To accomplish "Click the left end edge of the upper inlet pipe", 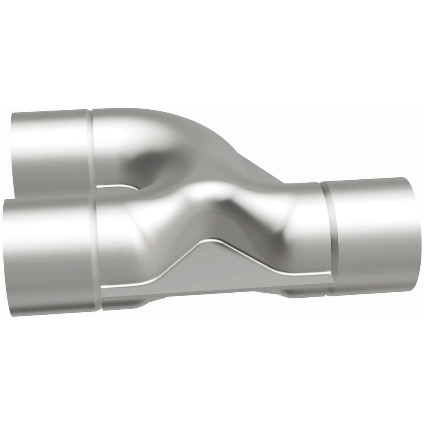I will tap(12, 153).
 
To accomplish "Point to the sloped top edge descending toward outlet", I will tap(248, 161).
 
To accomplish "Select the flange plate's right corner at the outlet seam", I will tap(331, 279).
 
